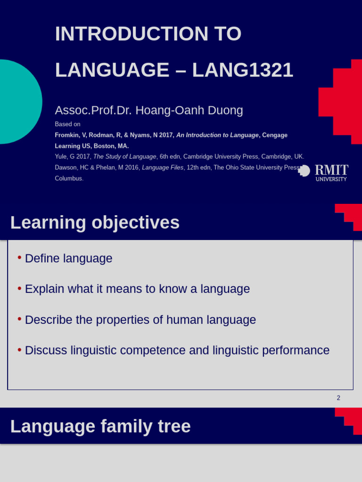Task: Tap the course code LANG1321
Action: tap(242, 70)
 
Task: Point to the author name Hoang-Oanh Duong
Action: tap(189, 111)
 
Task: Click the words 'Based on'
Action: tap(67, 124)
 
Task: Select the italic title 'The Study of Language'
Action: tap(124, 157)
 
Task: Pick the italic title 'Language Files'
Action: tap(163, 168)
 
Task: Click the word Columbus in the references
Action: tap(69, 178)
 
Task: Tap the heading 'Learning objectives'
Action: tap(95, 223)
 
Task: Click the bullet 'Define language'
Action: tap(68, 258)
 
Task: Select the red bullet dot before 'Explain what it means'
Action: tap(19, 288)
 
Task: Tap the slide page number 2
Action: tap(338, 398)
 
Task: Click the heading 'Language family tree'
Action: tap(100, 426)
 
